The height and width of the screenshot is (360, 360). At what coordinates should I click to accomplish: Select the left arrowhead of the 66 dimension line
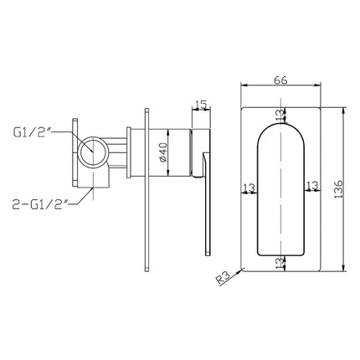click(244, 85)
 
